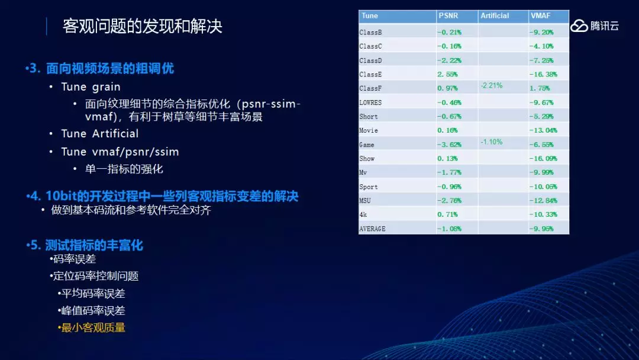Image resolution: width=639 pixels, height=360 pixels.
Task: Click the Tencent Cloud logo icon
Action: point(579,25)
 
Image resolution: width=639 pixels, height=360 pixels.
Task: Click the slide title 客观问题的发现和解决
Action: point(142,27)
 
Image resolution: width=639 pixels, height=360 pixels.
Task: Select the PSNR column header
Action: point(448,15)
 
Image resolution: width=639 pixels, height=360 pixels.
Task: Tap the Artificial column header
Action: point(495,15)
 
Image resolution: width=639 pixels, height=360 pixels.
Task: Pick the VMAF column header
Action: point(540,15)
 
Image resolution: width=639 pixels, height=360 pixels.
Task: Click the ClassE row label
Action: point(370,74)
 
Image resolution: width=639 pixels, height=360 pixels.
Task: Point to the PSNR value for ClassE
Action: point(447,74)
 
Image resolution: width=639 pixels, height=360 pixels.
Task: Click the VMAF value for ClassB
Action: point(541,32)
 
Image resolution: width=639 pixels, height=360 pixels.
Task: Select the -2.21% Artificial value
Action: point(491,86)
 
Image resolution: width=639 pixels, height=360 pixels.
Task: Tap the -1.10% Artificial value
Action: point(491,142)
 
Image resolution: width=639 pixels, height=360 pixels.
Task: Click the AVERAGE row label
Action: point(372,229)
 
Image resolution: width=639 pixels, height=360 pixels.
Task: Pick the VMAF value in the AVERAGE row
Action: point(541,229)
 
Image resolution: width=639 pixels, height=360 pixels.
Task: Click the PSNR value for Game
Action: point(449,144)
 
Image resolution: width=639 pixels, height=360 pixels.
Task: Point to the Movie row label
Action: point(369,130)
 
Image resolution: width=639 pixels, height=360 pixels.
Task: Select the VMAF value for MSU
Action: point(543,201)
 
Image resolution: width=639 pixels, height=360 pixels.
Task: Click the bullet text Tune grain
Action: point(91,87)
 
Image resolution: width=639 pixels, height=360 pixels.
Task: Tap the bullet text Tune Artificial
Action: point(100,133)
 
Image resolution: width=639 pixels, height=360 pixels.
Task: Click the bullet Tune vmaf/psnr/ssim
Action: point(120,152)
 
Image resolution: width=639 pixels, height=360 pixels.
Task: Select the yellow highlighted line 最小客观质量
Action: point(93,327)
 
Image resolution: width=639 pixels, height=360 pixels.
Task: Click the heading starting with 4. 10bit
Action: point(162,196)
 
